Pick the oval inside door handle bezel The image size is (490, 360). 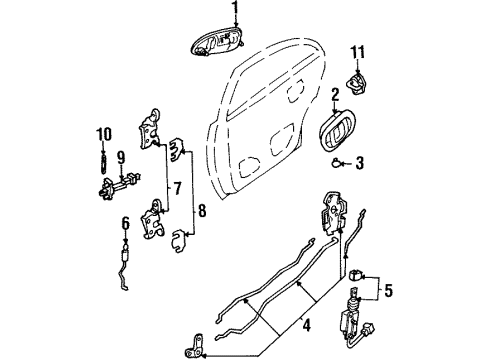pos(341,130)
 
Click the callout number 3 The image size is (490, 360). pos(362,163)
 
